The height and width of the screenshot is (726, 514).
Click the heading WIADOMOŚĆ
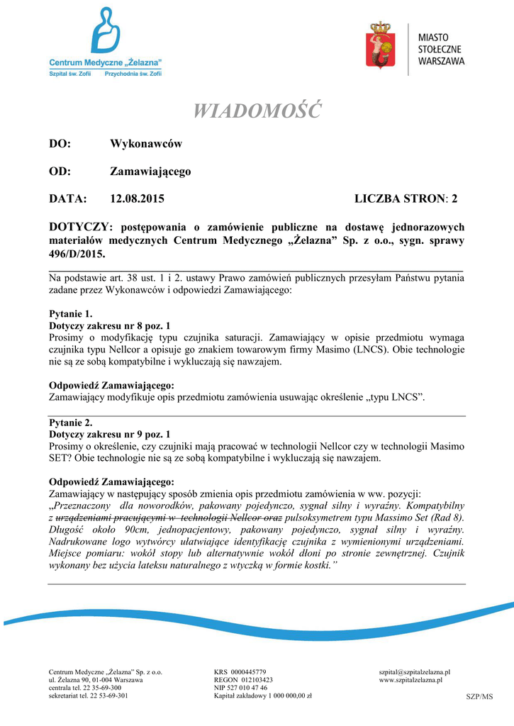click(x=257, y=111)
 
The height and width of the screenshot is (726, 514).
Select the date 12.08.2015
click(x=137, y=199)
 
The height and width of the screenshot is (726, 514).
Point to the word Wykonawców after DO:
click(x=146, y=144)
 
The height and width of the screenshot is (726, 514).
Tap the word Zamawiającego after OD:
click(x=150, y=172)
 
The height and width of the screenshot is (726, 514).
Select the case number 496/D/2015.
click(x=77, y=253)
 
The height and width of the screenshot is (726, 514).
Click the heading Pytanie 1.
click(x=70, y=313)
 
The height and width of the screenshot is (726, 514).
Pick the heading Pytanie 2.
click(x=70, y=423)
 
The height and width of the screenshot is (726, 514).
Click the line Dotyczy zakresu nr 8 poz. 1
click(x=109, y=325)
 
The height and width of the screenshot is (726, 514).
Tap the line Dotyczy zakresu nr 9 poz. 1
click(x=109, y=433)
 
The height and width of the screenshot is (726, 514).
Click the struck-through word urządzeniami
click(x=87, y=518)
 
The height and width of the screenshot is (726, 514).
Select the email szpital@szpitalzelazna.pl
click(x=415, y=671)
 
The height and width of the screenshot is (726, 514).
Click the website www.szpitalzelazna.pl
click(x=411, y=680)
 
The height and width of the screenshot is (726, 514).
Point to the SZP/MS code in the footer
click(x=479, y=697)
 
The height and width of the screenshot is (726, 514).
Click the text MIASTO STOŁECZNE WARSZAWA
click(x=441, y=50)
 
